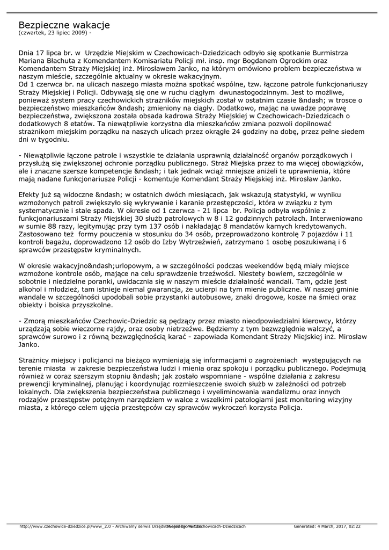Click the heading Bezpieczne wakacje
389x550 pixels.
(64, 25)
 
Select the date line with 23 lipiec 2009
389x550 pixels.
(59, 33)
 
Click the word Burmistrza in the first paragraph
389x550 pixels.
(329, 53)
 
